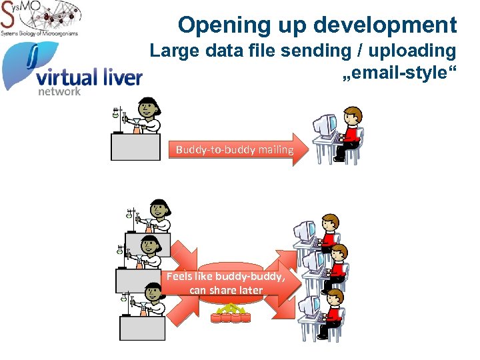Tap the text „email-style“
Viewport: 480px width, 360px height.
399,73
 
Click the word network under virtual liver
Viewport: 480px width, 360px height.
59,91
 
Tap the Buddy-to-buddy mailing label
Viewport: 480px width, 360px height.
235,150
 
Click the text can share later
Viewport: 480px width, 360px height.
226,290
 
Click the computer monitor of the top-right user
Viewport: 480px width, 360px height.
325,125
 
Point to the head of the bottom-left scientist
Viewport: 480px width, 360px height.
155,291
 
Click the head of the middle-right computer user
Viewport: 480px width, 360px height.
338,254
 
